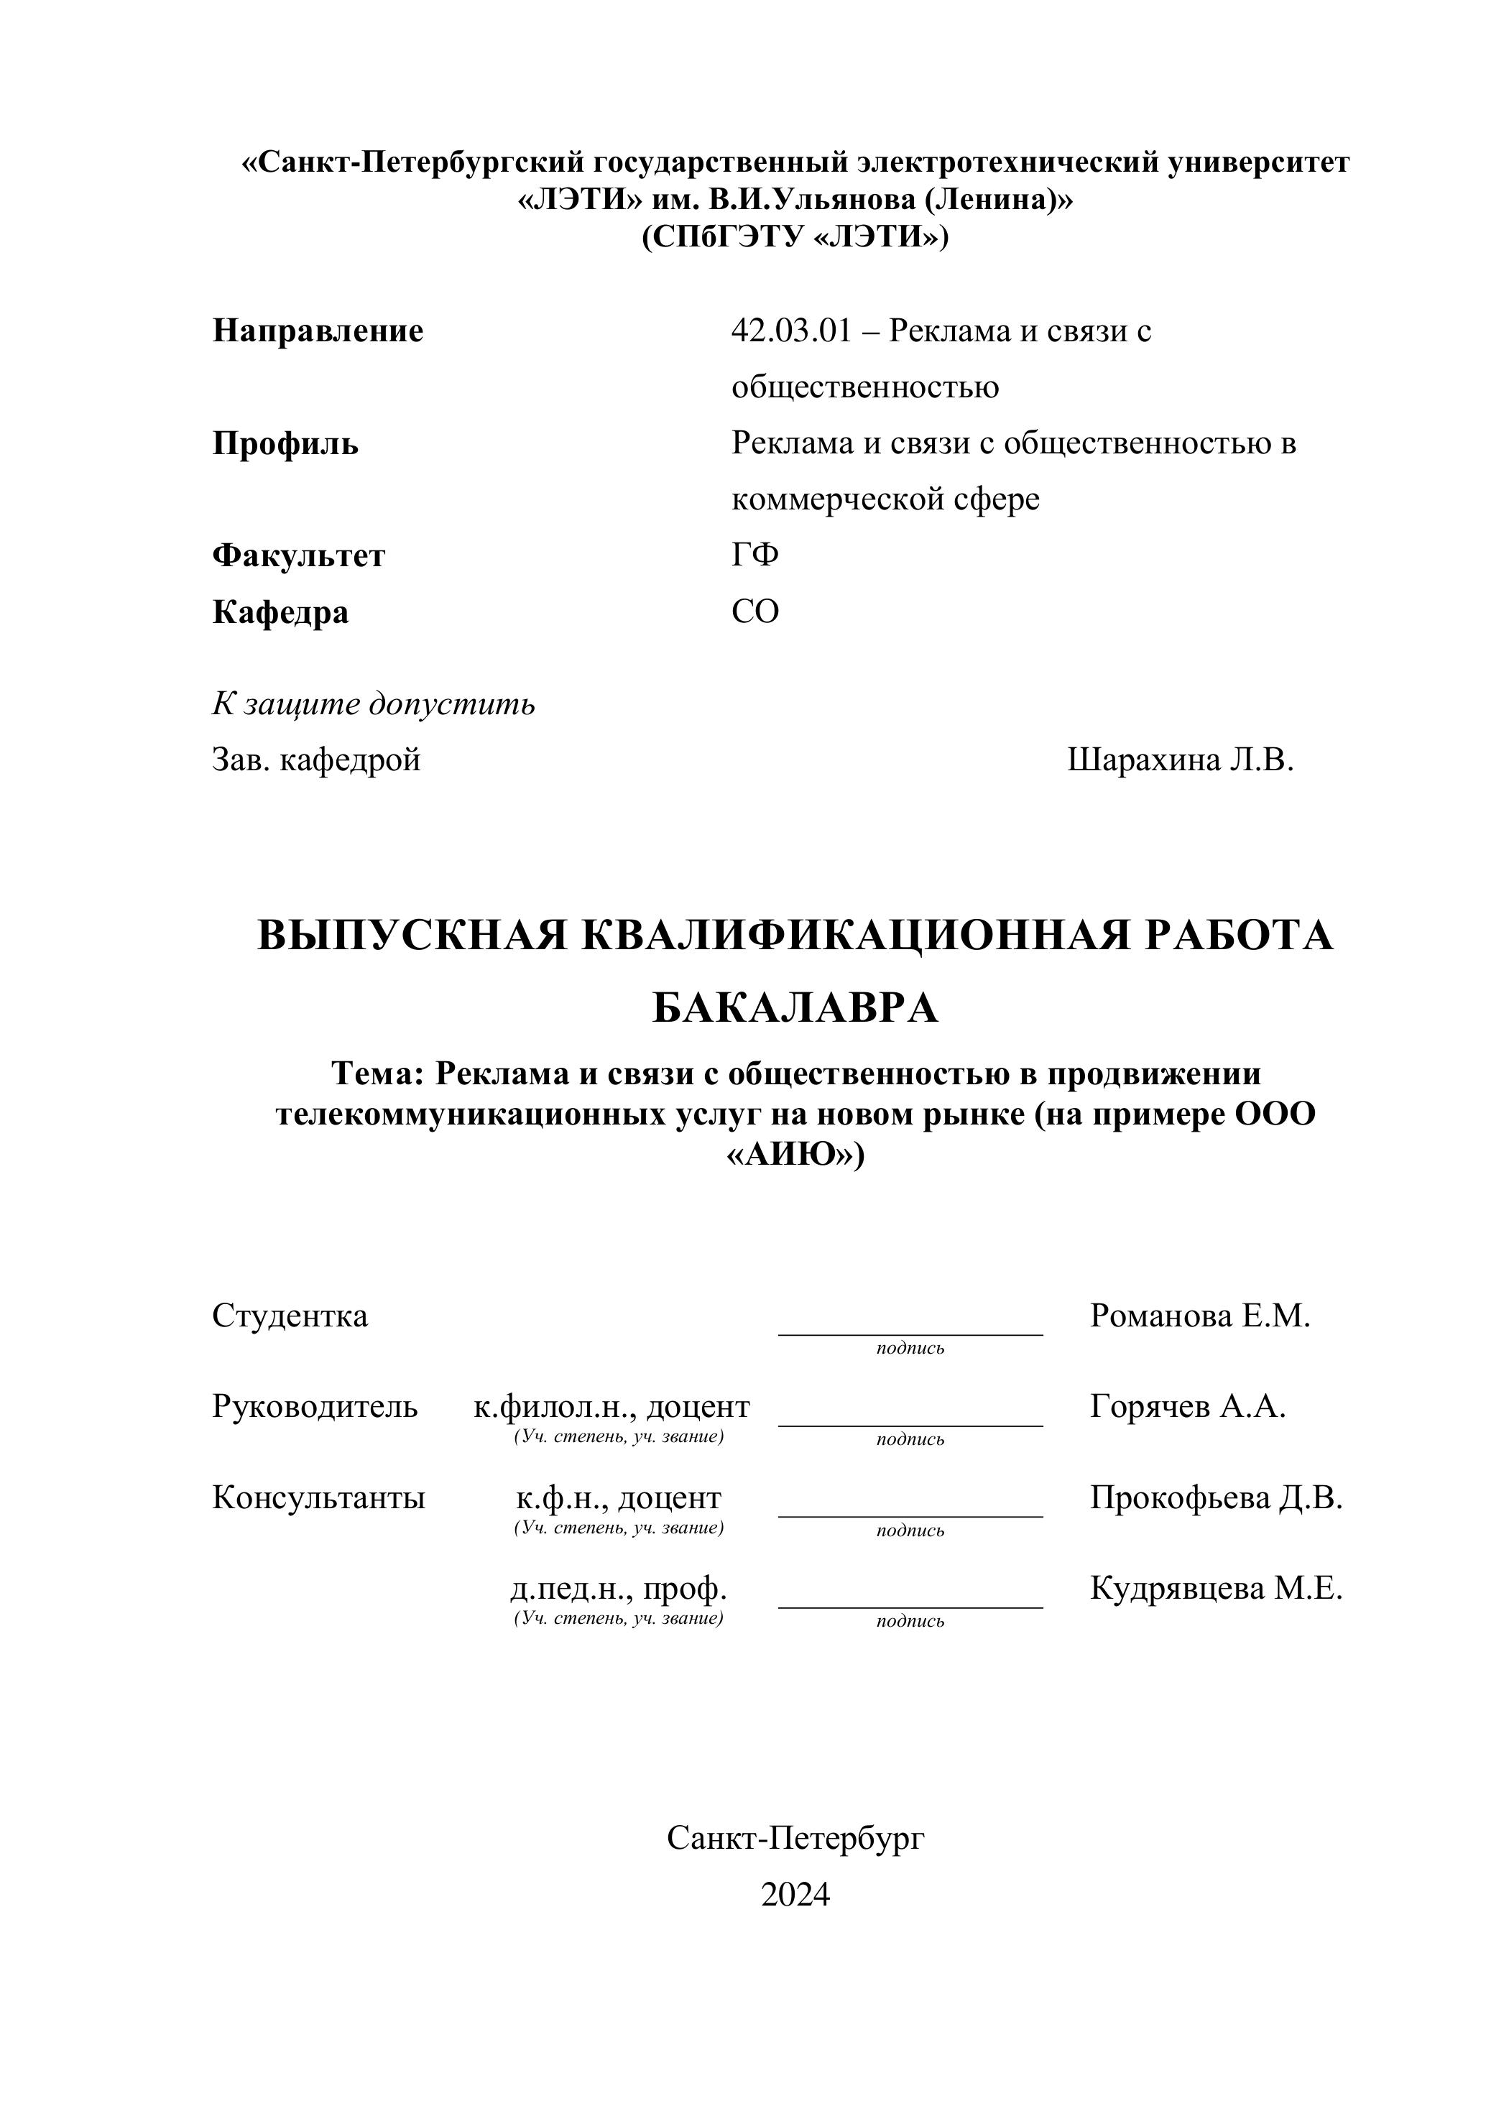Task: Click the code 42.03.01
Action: pos(790,331)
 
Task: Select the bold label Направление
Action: pos(318,331)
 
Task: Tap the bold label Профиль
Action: pos(285,444)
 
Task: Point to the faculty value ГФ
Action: pos(755,555)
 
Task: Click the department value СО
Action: pos(755,611)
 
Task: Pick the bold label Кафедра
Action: pos(280,611)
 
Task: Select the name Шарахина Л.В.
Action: pos(1181,759)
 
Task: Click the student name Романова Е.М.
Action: pos(1199,1316)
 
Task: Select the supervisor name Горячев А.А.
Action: pos(1188,1406)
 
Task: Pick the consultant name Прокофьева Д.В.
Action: pos(1216,1498)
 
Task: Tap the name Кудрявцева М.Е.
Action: pos(1216,1589)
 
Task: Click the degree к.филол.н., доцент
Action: pos(612,1406)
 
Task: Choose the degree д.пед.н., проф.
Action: pos(619,1589)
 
